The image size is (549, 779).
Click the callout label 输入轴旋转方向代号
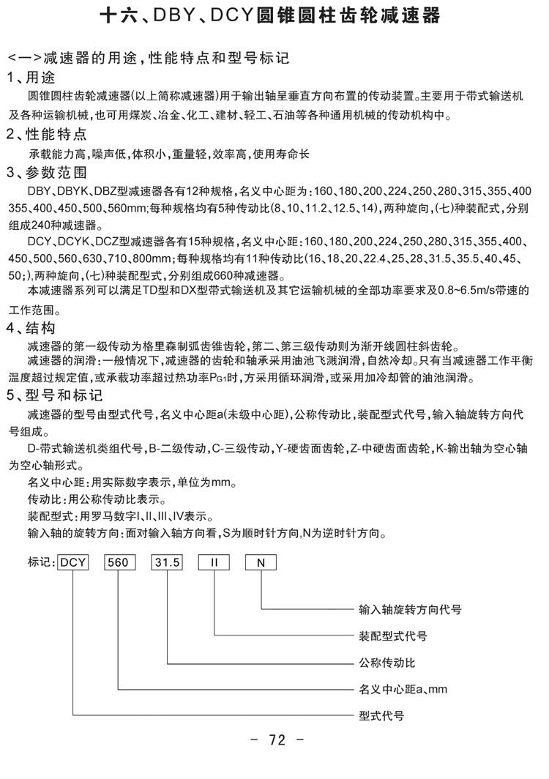(x=410, y=608)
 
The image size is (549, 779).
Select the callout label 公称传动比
(x=387, y=663)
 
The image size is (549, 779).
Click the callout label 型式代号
(x=381, y=716)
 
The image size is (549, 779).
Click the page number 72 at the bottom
(x=276, y=740)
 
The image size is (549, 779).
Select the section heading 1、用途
(x=32, y=78)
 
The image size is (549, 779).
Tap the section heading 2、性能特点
(x=47, y=135)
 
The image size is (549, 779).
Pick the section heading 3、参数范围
(x=47, y=174)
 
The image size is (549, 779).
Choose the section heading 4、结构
(x=32, y=327)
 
